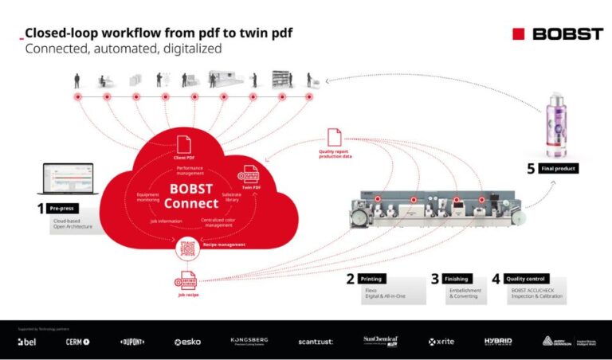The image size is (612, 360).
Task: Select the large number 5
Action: tap(531, 169)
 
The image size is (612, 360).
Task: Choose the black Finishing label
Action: tap(456, 279)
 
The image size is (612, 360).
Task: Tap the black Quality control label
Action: tap(526, 279)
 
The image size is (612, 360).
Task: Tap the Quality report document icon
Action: tap(334, 137)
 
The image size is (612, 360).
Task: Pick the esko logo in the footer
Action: tap(187, 341)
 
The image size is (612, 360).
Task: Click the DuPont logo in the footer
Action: tap(132, 341)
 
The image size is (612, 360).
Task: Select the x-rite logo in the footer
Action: tap(440, 341)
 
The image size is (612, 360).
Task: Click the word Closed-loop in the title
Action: tap(60, 33)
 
